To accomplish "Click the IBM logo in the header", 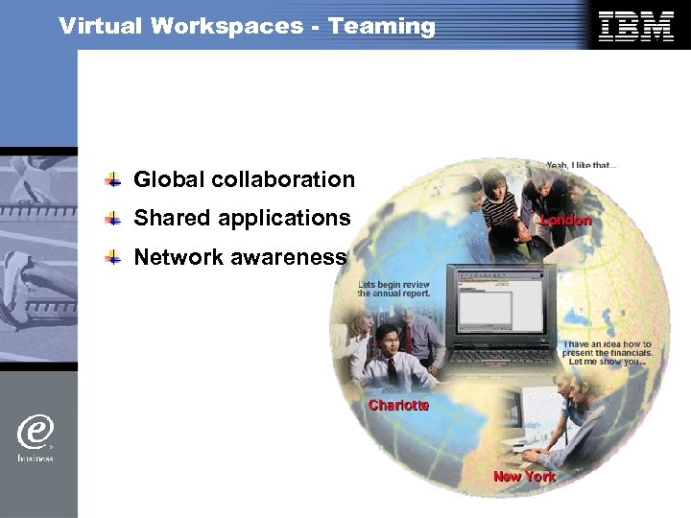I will click(635, 26).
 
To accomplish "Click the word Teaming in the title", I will click(382, 26).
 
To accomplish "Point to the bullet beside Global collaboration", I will click(113, 179).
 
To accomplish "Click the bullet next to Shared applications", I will click(113, 219).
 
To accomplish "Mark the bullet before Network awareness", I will click(113, 257).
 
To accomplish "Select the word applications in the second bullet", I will click(284, 219).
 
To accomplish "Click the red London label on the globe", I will click(565, 220).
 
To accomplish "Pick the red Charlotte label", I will click(398, 406).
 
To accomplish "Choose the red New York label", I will click(524, 476).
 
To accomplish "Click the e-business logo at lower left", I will click(35, 436).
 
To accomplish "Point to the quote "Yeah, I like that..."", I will click(582, 165).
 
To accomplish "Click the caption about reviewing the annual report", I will click(394, 289).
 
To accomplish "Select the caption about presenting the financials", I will click(608, 353).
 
